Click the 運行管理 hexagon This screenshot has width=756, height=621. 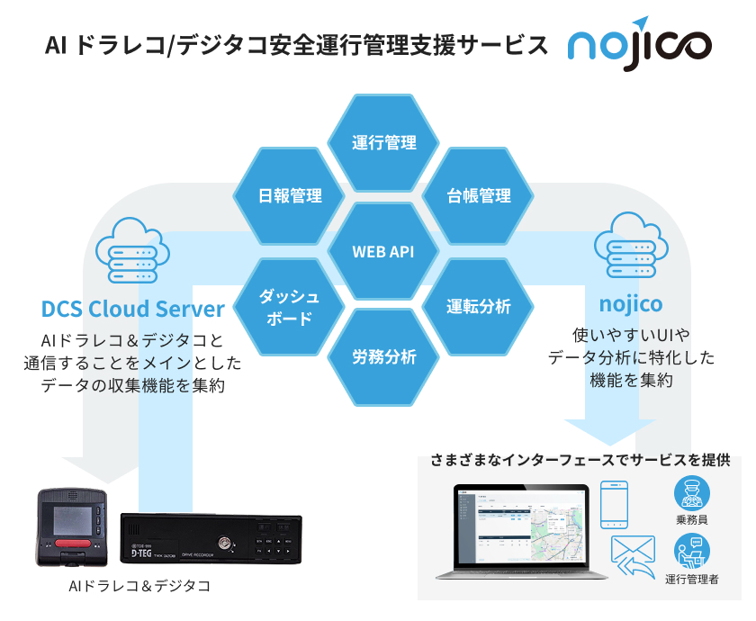pos(384,143)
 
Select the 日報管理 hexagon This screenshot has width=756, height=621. pos(290,195)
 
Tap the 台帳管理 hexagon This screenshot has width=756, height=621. pos(479,195)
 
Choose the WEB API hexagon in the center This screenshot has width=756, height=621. pos(384,251)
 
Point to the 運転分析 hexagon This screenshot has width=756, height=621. pos(479,306)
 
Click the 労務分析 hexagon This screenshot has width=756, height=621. pos(384,357)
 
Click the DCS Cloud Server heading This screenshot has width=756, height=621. pos(133,309)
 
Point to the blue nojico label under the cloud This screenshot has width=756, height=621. pos(630,303)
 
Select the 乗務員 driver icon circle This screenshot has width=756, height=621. pos(691,494)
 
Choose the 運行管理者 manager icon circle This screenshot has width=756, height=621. pos(691,551)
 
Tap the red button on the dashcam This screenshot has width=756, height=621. pos(69,545)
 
